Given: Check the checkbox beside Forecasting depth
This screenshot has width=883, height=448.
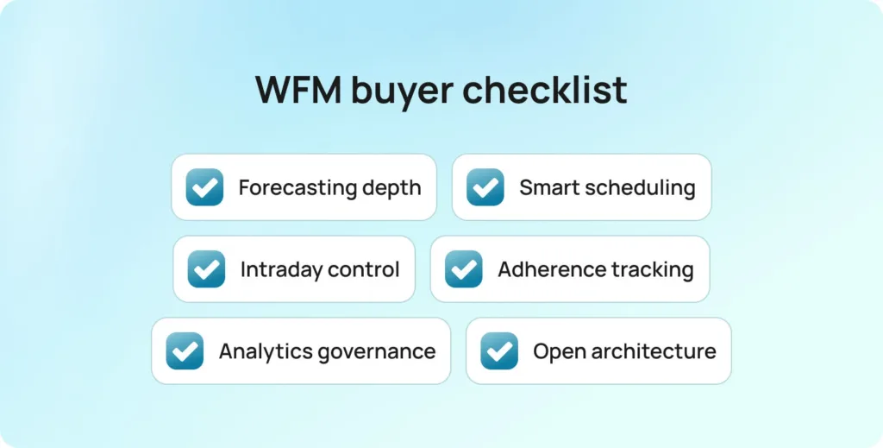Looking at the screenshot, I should (x=204, y=187).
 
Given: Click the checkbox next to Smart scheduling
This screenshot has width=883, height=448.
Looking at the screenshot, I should (x=485, y=187).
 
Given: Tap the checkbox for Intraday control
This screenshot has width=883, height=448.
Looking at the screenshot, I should (x=206, y=269).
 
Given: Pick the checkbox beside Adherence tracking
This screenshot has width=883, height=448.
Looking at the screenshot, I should (x=464, y=269).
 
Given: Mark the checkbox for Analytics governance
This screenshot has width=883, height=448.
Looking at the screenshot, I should (x=185, y=351).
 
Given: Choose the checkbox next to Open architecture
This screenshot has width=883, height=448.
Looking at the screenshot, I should (x=499, y=351).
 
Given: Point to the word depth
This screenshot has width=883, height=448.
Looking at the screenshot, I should (x=394, y=187).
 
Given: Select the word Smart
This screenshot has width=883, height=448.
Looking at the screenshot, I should (x=546, y=187).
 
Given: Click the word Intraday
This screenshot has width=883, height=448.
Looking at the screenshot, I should (x=281, y=269).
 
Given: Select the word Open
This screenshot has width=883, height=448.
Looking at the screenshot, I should (x=556, y=351).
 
